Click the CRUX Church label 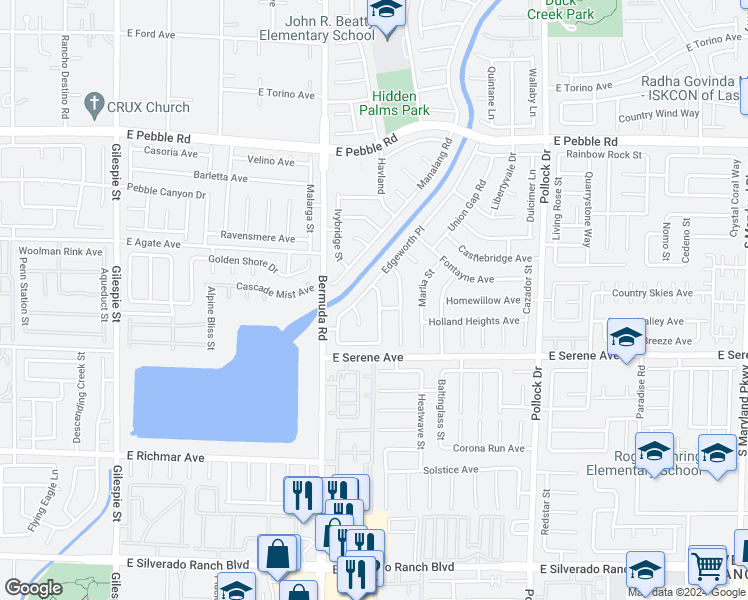tap(147, 106)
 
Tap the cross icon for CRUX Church tap(95, 104)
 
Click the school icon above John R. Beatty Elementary tap(385, 11)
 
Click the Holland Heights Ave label tap(474, 321)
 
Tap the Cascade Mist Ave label tap(275, 290)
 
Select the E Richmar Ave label tap(165, 456)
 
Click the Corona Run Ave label tap(489, 449)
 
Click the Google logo tap(33, 588)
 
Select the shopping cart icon tap(708, 566)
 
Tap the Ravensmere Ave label tap(258, 239)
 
